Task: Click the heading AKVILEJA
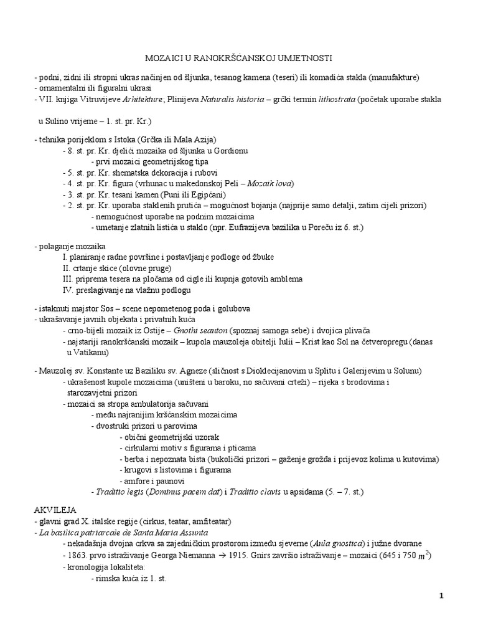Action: coord(55,509)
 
